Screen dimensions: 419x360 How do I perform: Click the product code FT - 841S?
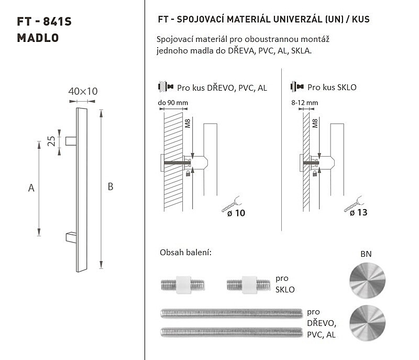(x=44, y=21)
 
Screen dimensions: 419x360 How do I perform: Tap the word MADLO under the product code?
(x=38, y=38)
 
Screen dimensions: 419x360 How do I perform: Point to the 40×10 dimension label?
(x=83, y=91)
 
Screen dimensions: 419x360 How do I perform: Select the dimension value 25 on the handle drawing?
(x=51, y=141)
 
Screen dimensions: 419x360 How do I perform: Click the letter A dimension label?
(x=31, y=188)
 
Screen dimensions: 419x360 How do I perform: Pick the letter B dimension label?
(x=111, y=187)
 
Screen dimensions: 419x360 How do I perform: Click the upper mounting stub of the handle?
(x=71, y=141)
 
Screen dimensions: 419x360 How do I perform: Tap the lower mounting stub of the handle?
(x=71, y=237)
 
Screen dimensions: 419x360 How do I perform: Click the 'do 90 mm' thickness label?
(x=173, y=103)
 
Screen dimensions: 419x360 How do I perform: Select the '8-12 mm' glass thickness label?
(x=305, y=103)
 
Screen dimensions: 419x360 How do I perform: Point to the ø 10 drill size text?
(x=236, y=213)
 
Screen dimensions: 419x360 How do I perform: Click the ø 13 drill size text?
(x=358, y=212)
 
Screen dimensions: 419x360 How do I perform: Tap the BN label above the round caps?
(x=366, y=254)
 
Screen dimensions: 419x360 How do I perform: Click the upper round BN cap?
(x=368, y=281)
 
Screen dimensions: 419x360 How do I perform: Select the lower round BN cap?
(x=368, y=323)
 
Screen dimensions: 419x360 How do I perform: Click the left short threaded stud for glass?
(x=183, y=285)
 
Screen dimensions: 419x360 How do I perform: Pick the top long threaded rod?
(x=231, y=313)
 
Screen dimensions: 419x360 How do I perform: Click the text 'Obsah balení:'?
(x=185, y=252)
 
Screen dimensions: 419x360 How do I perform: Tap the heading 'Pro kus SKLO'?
(x=332, y=88)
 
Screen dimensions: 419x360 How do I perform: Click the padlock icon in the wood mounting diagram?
(x=188, y=174)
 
